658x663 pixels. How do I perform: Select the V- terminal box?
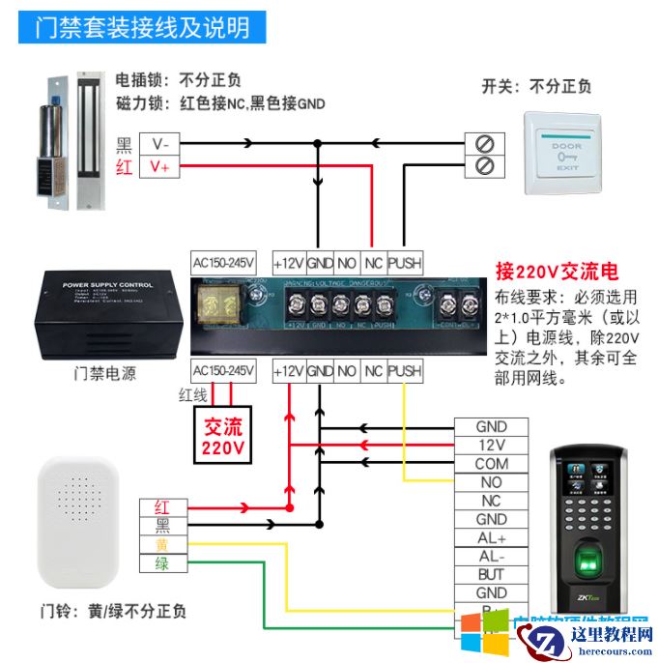coord(159,144)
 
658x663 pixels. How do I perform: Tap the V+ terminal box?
coord(159,166)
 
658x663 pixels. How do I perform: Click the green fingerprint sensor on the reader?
coord(588,560)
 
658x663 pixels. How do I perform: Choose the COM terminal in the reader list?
coord(491,463)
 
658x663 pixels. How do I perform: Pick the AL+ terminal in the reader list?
coord(491,537)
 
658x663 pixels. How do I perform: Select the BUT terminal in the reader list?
coord(491,574)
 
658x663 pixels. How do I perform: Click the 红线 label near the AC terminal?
coord(192,394)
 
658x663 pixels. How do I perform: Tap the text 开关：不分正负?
coord(536,87)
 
